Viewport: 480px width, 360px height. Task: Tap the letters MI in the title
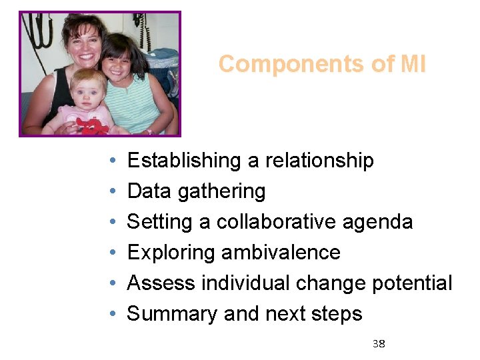pyautogui.click(x=413, y=65)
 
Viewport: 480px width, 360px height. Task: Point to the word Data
pyautogui.click(x=149, y=191)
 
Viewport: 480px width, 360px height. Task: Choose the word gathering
pyautogui.click(x=221, y=192)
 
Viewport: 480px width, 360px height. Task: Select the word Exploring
pyautogui.click(x=169, y=253)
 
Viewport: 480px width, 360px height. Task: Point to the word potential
pyautogui.click(x=411, y=284)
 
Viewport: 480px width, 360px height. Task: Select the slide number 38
pyautogui.click(x=379, y=344)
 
